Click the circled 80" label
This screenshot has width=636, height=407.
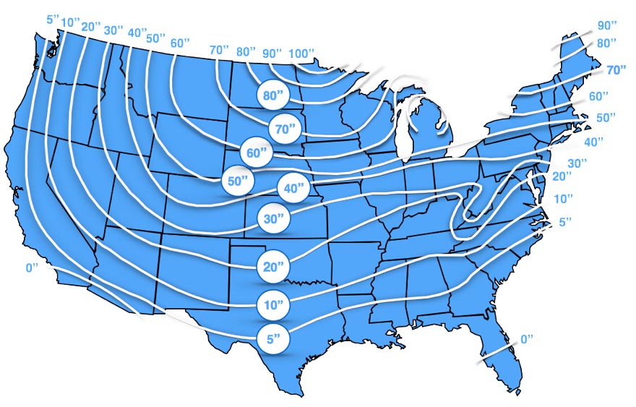272,94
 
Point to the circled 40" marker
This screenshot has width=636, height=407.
292,188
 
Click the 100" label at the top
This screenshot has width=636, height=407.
301,53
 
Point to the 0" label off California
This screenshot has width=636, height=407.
32,267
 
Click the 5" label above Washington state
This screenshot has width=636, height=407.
52,19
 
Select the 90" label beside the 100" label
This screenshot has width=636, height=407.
272,53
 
